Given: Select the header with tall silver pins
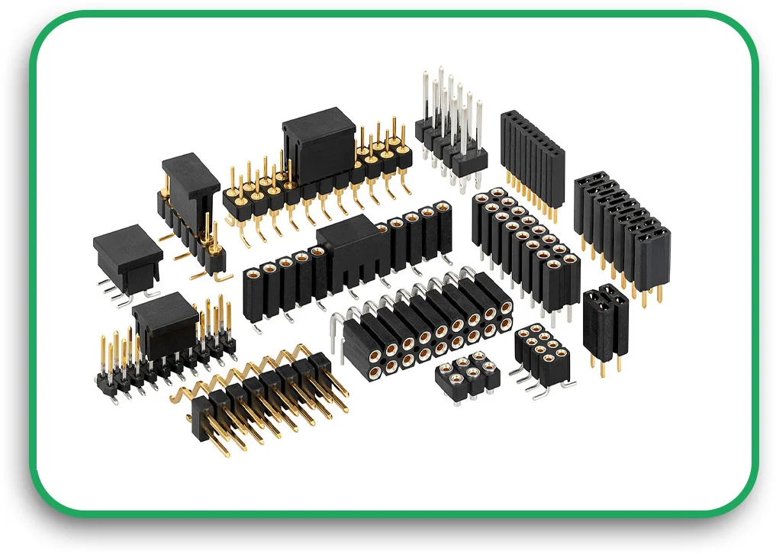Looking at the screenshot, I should coord(450,126).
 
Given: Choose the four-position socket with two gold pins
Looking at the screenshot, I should coord(606,320).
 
